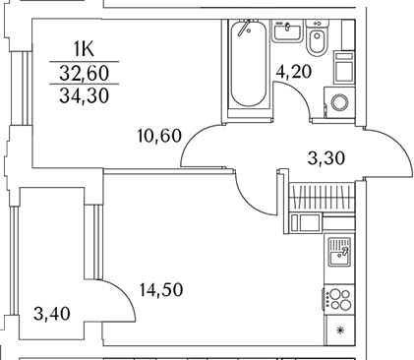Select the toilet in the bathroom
pos(317,41)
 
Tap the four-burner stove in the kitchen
pos(340,297)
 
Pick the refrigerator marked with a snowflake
pos(340,330)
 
